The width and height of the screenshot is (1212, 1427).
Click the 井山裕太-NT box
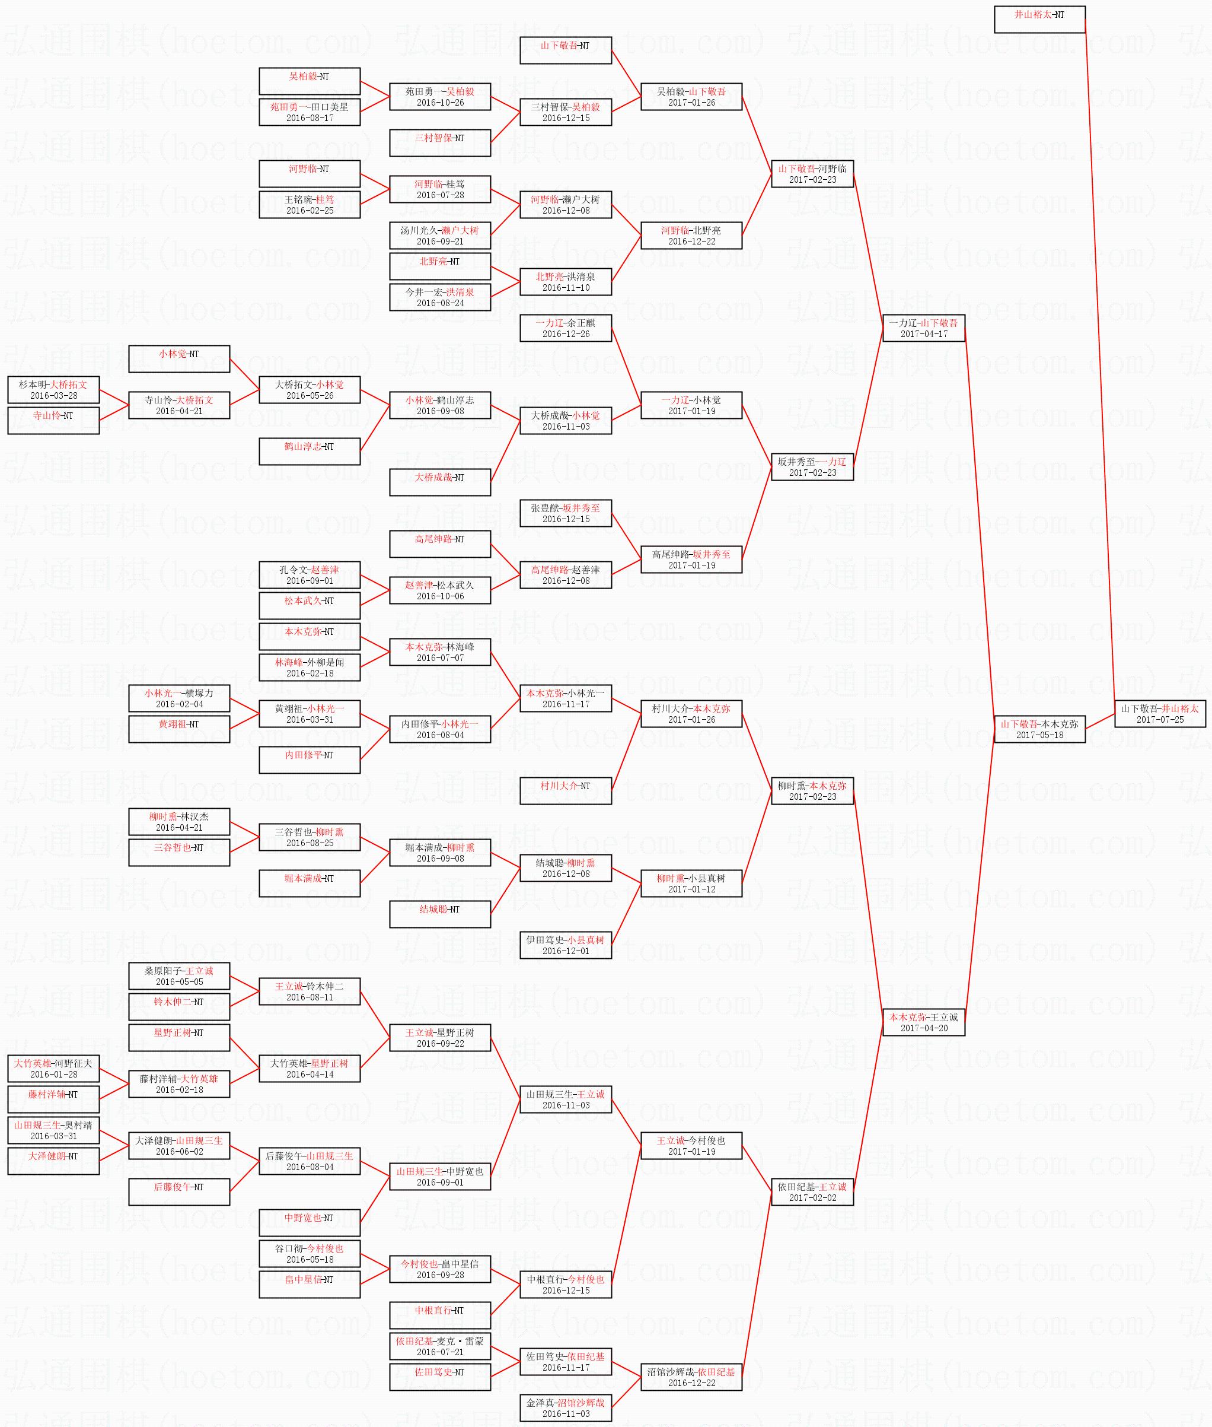click(1039, 19)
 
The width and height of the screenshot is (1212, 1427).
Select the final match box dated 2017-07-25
click(1159, 713)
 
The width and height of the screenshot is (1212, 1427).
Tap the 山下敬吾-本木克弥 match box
click(1039, 729)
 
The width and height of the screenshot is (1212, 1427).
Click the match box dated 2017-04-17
click(923, 328)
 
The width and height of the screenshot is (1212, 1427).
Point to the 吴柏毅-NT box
click(309, 81)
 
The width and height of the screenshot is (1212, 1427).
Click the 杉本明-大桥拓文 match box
click(53, 390)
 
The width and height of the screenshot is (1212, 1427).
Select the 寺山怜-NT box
click(53, 420)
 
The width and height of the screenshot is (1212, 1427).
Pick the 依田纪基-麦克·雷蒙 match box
click(440, 1345)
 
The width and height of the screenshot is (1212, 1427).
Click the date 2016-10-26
click(440, 103)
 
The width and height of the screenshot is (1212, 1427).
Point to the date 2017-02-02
click(812, 1197)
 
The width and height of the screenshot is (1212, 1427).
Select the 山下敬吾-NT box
click(566, 50)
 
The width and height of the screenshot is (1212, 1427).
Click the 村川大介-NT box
click(566, 790)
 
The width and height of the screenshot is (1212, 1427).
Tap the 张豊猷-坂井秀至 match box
click(566, 513)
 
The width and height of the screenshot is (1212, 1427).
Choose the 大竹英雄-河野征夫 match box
click(53, 1068)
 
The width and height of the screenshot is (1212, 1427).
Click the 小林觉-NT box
click(178, 359)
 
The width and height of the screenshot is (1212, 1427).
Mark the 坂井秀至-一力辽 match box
click(812, 467)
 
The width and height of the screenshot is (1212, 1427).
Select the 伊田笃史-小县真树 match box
click(566, 945)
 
